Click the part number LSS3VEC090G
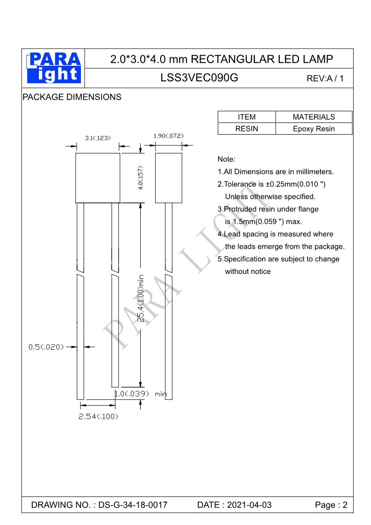coord(199,78)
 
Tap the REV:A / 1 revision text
coord(325,79)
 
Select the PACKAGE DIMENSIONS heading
coord(72,97)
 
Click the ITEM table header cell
coord(247,117)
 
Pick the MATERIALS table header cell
coord(314,117)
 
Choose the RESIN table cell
coord(247,129)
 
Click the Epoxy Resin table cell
coord(314,129)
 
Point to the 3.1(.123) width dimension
coord(97,138)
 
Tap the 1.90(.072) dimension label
coord(168,136)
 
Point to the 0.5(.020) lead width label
coord(46,347)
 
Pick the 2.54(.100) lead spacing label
coord(98,417)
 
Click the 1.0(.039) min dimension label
coord(141,394)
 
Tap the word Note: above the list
coord(227,159)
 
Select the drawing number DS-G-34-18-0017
coord(133,505)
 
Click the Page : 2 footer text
coord(331,505)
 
